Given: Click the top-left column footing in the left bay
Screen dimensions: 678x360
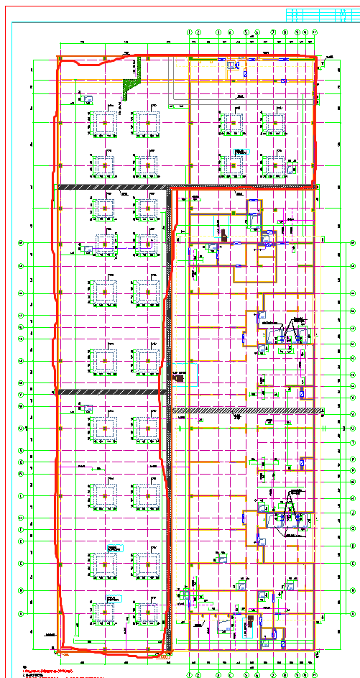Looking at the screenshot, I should tap(105, 124).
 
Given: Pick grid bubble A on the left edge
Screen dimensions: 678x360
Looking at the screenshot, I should tap(22, 613).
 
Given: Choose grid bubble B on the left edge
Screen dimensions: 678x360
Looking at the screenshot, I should tap(22, 590).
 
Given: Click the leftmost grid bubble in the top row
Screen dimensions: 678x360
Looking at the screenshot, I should tap(190, 32).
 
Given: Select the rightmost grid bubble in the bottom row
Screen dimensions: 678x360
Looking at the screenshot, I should tap(314, 675).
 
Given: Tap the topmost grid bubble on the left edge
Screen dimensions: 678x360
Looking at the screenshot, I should tap(22, 243).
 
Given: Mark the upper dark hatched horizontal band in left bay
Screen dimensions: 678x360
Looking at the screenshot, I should tap(111, 188).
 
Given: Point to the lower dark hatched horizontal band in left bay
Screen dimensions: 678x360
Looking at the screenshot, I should tap(111, 392).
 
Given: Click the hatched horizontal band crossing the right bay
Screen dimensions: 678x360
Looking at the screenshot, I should tap(244, 410).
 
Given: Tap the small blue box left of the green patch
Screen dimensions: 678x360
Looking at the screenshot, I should tap(86, 98).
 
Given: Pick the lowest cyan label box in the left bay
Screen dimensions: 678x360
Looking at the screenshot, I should tap(111, 597).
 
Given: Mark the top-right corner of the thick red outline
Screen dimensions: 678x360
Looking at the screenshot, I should tap(315, 57).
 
